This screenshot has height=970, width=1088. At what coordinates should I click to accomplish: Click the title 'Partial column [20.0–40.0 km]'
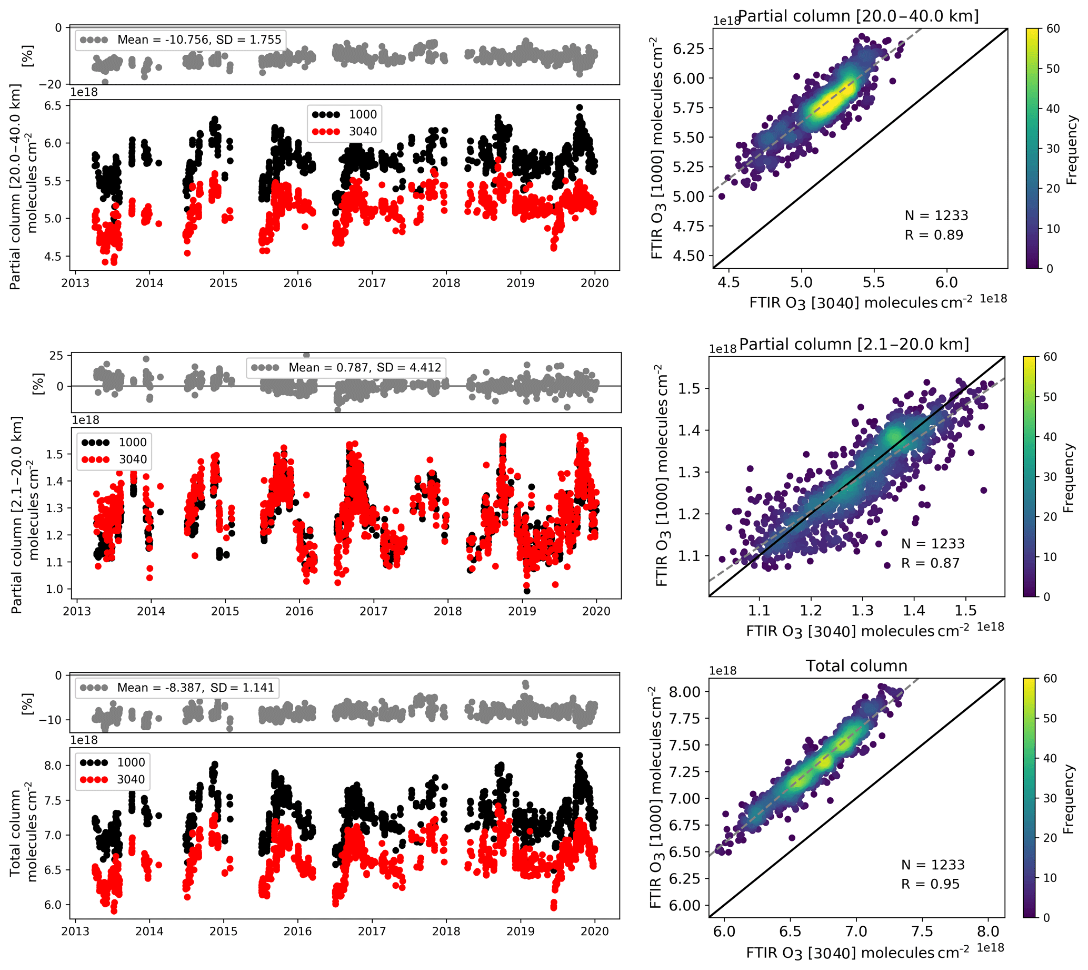[x=858, y=16]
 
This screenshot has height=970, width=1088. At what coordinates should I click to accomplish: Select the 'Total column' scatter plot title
[x=856, y=665]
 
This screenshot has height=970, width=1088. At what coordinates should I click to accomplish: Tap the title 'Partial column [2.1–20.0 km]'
[x=854, y=344]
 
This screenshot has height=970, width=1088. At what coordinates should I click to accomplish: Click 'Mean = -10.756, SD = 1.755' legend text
[x=198, y=40]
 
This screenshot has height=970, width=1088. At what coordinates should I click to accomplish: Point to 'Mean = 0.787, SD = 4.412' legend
[x=364, y=367]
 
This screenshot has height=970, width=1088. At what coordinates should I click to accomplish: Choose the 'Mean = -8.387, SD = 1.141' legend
[x=195, y=688]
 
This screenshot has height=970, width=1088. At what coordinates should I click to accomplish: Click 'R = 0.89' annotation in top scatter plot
[x=934, y=235]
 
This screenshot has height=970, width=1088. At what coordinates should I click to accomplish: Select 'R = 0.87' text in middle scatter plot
[x=930, y=563]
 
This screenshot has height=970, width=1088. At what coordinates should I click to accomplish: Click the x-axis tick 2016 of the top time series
[x=297, y=283]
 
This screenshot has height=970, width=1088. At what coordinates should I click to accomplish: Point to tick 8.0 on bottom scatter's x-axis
[x=988, y=932]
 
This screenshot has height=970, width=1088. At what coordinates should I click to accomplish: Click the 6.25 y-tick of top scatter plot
[x=688, y=49]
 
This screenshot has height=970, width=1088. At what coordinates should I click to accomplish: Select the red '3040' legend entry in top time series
[x=362, y=132]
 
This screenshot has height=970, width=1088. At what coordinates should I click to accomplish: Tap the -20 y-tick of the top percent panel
[x=51, y=84]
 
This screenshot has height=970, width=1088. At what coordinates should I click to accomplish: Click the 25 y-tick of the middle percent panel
[x=56, y=356]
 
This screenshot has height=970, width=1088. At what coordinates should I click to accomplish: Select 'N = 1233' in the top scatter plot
[x=936, y=215]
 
